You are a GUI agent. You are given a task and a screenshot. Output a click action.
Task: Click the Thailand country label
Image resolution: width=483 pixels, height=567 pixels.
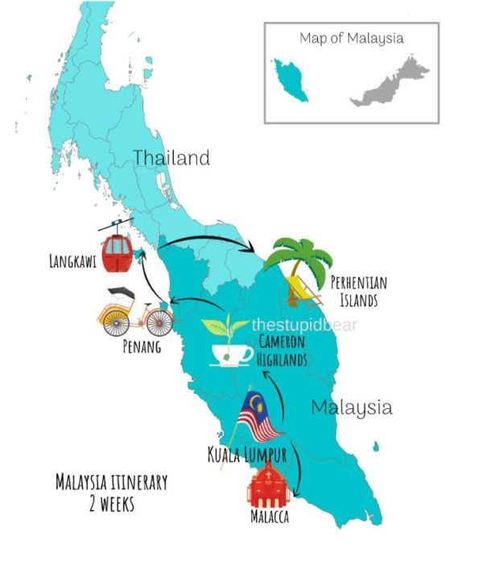pyautogui.click(x=171, y=157)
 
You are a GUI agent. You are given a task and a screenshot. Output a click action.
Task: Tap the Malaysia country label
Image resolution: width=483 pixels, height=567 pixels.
pyautogui.click(x=352, y=407)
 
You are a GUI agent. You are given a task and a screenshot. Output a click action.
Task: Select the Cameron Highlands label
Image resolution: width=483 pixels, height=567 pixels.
pyautogui.click(x=282, y=351)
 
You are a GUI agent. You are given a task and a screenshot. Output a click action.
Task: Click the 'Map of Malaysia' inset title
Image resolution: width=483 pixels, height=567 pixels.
pyautogui.click(x=351, y=38)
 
